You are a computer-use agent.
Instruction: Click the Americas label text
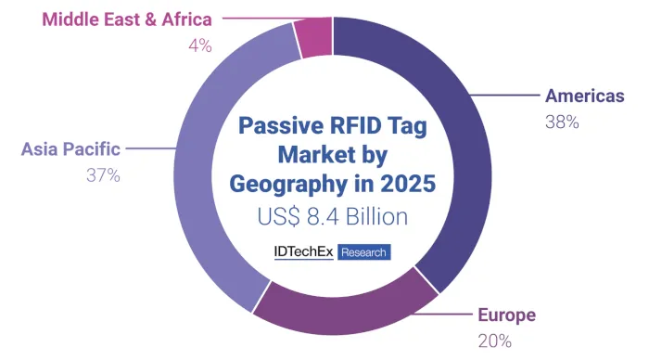pyautogui.click(x=585, y=96)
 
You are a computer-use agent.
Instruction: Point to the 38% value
pyautogui.click(x=562, y=122)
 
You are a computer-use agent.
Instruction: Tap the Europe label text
pyautogui.click(x=506, y=315)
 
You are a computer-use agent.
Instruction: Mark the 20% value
pyautogui.click(x=494, y=340)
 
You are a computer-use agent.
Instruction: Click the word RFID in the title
pyautogui.click(x=343, y=125)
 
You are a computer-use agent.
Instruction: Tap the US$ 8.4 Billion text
pyautogui.click(x=331, y=217)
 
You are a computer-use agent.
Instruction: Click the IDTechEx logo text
pyautogui.click(x=303, y=251)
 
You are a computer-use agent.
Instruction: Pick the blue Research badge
pyautogui.click(x=363, y=251)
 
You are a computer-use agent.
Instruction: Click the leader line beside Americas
pyautogui.click(x=505, y=96)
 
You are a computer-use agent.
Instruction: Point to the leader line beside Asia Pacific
pyautogui.click(x=150, y=148)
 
